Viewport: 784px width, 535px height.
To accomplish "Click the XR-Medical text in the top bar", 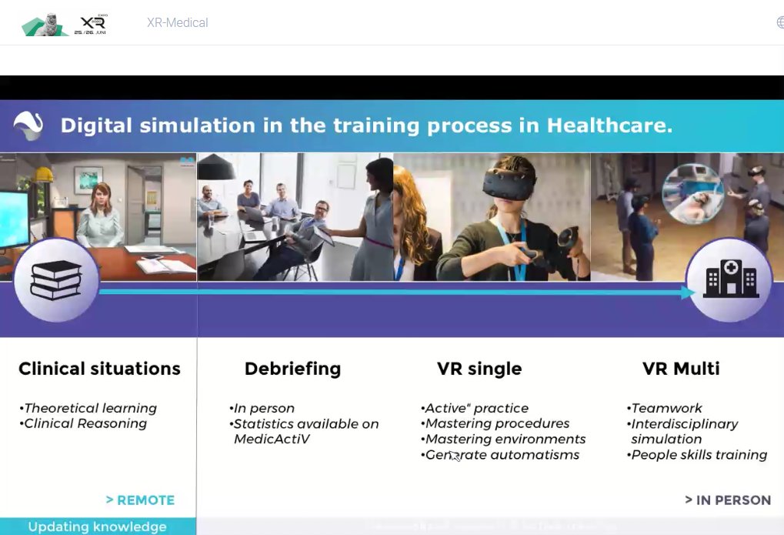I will point(177,23).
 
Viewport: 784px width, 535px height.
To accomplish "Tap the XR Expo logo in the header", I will point(65,24).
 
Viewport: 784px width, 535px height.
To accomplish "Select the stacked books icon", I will point(56,279).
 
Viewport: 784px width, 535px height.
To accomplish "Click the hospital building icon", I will point(730,279).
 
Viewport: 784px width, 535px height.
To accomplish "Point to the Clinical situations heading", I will point(99,369).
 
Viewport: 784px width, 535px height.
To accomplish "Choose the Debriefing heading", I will point(292,369).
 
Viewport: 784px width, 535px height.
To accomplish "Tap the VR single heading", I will point(479,369).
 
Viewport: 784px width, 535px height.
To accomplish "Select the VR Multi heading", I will point(681,369).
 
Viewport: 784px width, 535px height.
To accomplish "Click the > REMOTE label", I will point(140,500).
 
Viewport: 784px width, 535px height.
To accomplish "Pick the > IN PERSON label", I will point(728,500).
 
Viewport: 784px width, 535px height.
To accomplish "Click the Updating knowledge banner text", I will point(97,527).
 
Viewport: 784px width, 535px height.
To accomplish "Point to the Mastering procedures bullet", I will point(496,423).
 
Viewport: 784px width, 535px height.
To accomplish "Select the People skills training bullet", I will point(699,455).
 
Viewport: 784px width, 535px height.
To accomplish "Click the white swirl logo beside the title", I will point(28,125).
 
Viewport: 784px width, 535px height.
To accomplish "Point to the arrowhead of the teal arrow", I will point(688,293).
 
